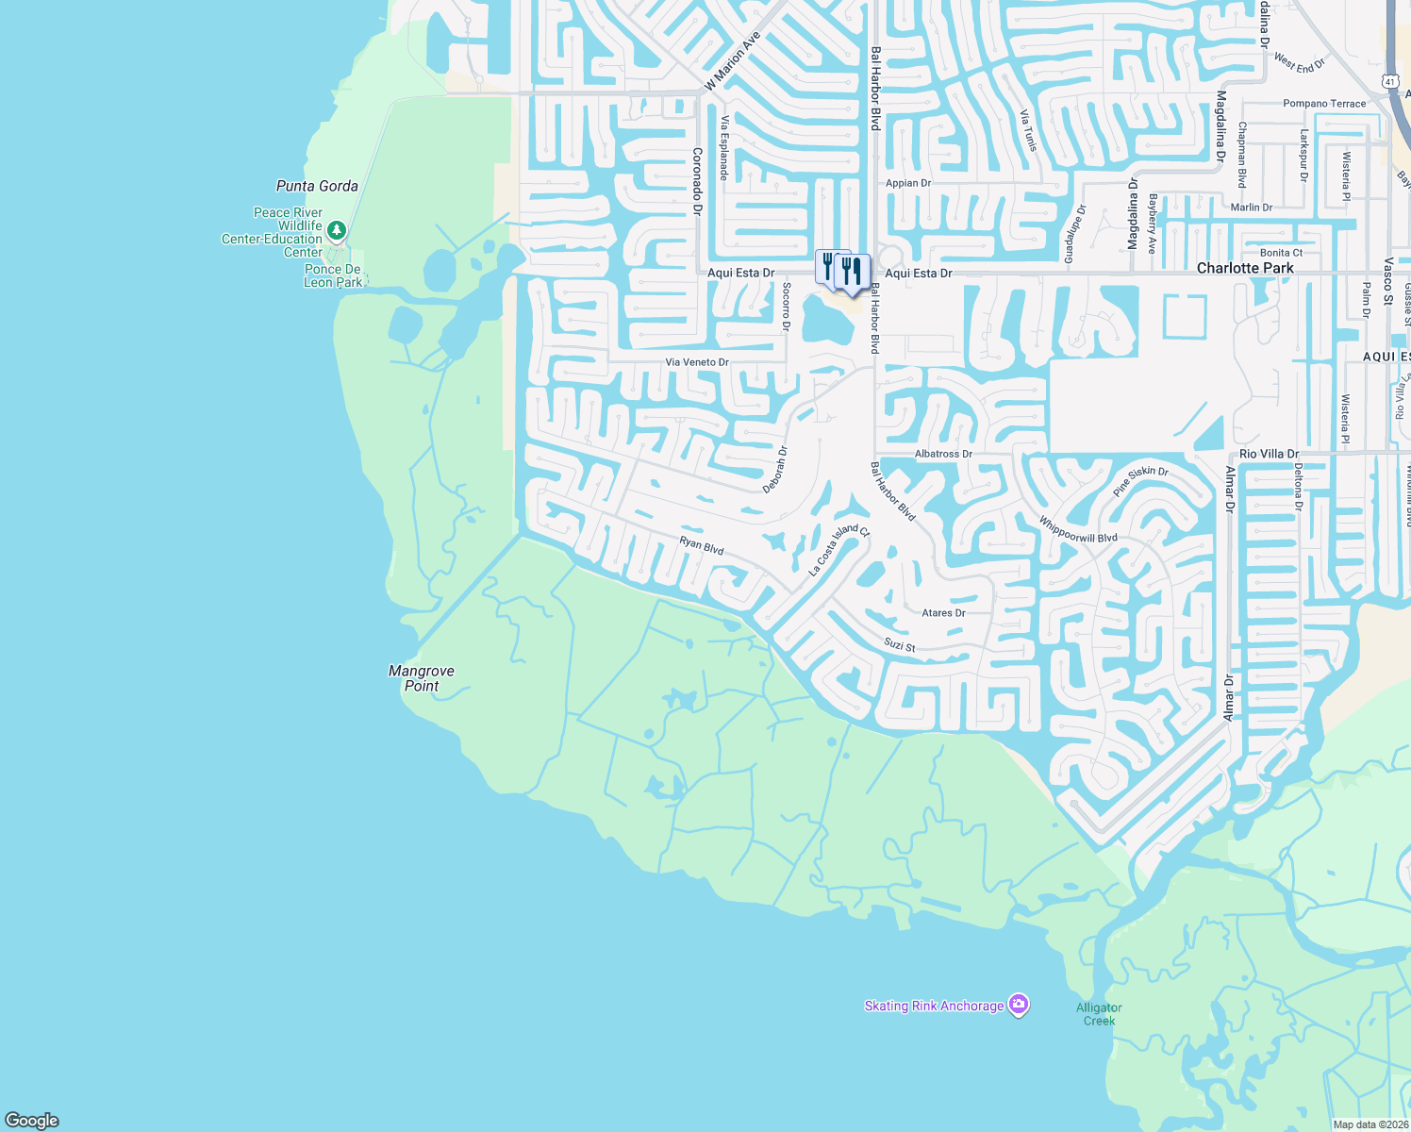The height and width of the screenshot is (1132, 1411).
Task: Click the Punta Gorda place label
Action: [x=317, y=186]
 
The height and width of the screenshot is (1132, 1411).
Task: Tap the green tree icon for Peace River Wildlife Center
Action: [x=337, y=230]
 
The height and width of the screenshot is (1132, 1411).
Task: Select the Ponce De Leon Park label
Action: [x=333, y=275]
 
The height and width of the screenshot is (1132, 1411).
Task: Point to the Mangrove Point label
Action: [x=422, y=678]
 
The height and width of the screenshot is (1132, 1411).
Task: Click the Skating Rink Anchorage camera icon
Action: [x=1018, y=1005]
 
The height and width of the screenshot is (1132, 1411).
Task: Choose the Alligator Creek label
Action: [x=1099, y=1014]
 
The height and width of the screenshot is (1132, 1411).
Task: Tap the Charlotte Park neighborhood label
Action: [x=1245, y=268]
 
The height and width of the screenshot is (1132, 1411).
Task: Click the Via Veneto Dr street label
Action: [x=697, y=362]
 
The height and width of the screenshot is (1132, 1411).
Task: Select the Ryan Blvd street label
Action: [x=702, y=545]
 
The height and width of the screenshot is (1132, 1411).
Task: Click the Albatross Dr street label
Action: [x=943, y=454]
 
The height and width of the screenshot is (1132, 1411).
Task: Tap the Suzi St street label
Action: [x=900, y=645]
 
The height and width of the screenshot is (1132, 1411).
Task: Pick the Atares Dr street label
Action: [x=943, y=613]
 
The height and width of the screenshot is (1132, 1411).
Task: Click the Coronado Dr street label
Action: [x=698, y=181]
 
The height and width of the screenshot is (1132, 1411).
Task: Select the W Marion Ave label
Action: [x=733, y=62]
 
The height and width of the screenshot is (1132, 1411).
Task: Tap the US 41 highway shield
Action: [x=1391, y=82]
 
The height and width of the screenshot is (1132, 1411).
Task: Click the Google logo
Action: [x=32, y=1121]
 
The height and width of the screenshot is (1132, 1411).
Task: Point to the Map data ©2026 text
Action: [x=1370, y=1124]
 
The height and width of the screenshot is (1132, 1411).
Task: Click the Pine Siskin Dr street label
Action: [x=1140, y=481]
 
